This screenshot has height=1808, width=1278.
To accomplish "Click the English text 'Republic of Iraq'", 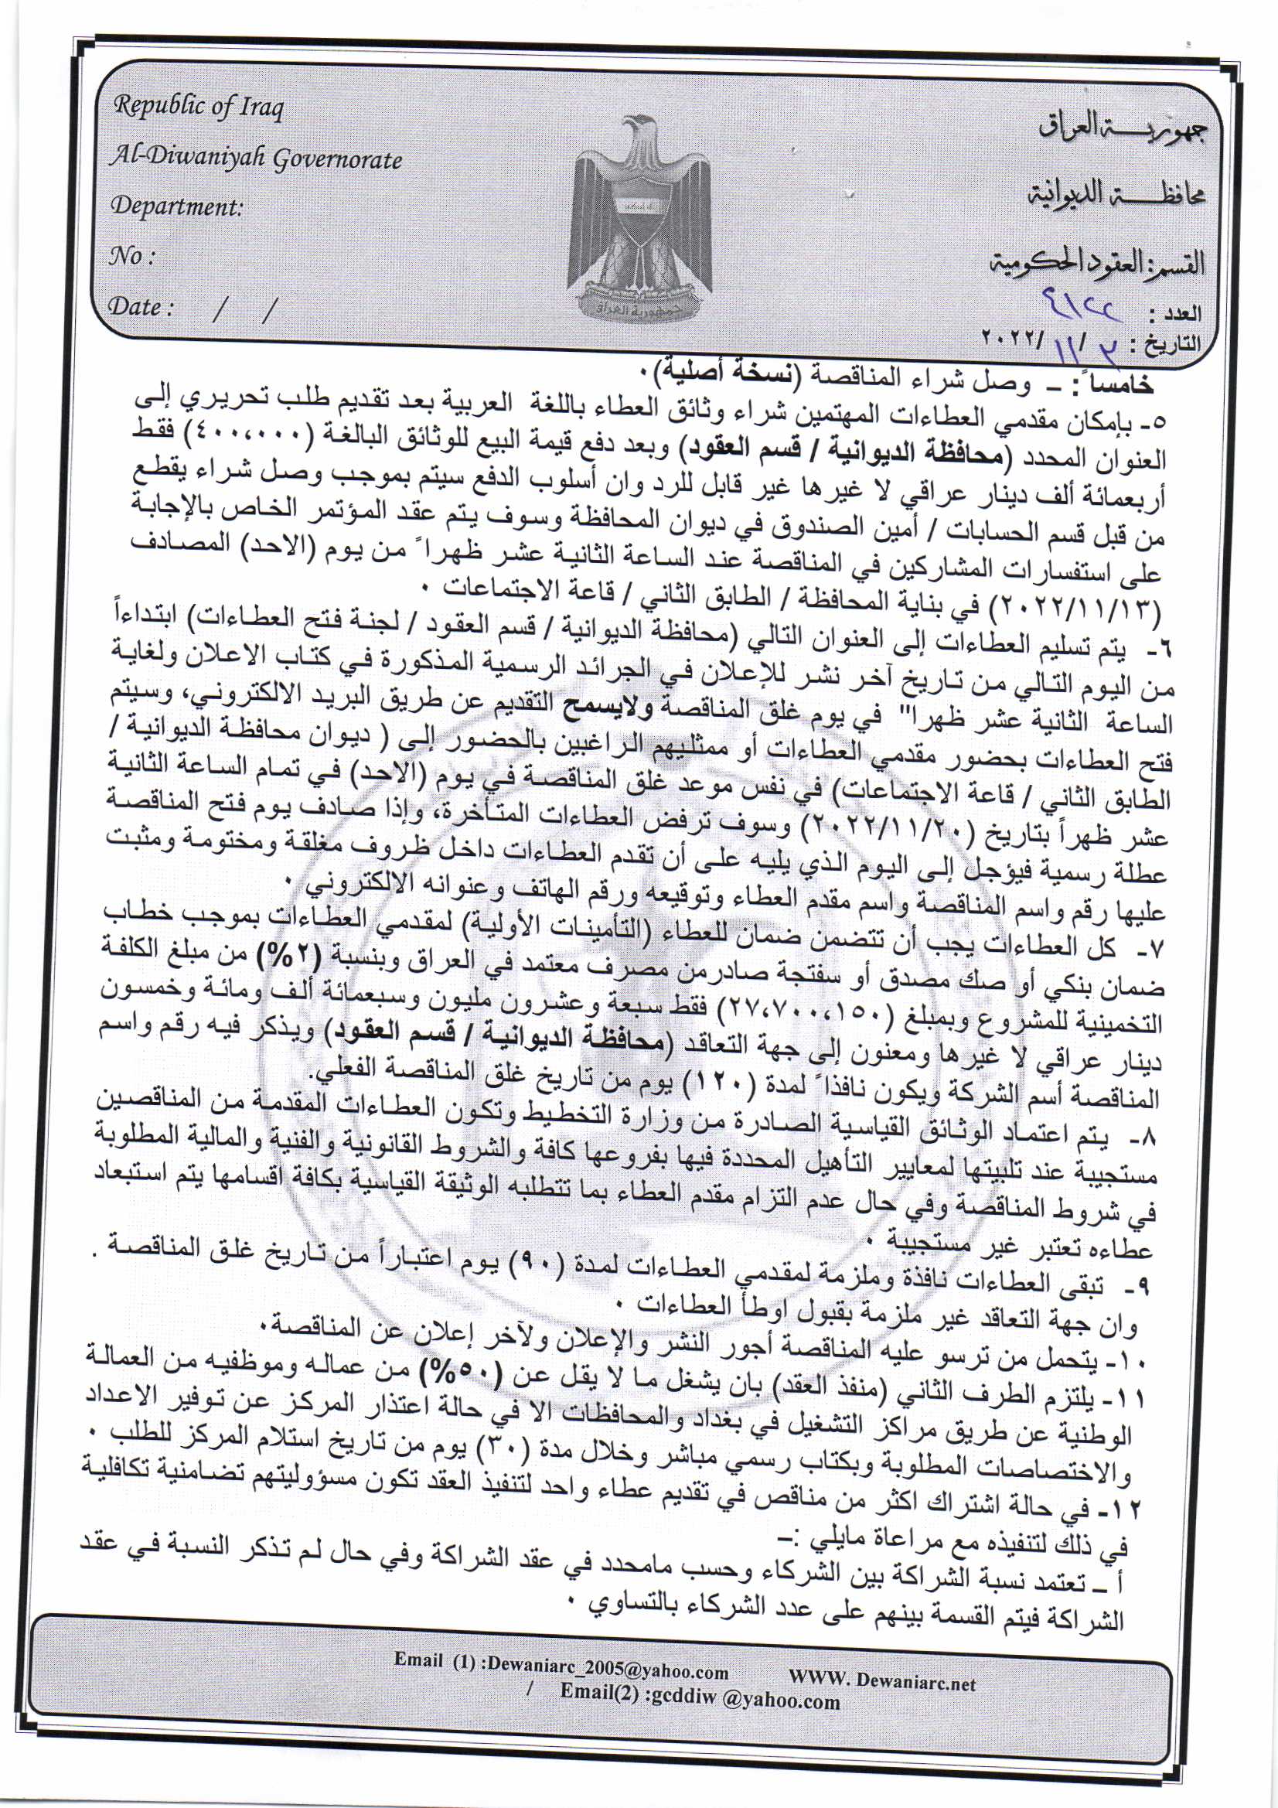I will pos(198,106).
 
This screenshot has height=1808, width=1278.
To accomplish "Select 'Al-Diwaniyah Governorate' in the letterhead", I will pos(256,160).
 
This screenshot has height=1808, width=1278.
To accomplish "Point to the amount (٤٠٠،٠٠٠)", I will pos(1075,432).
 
